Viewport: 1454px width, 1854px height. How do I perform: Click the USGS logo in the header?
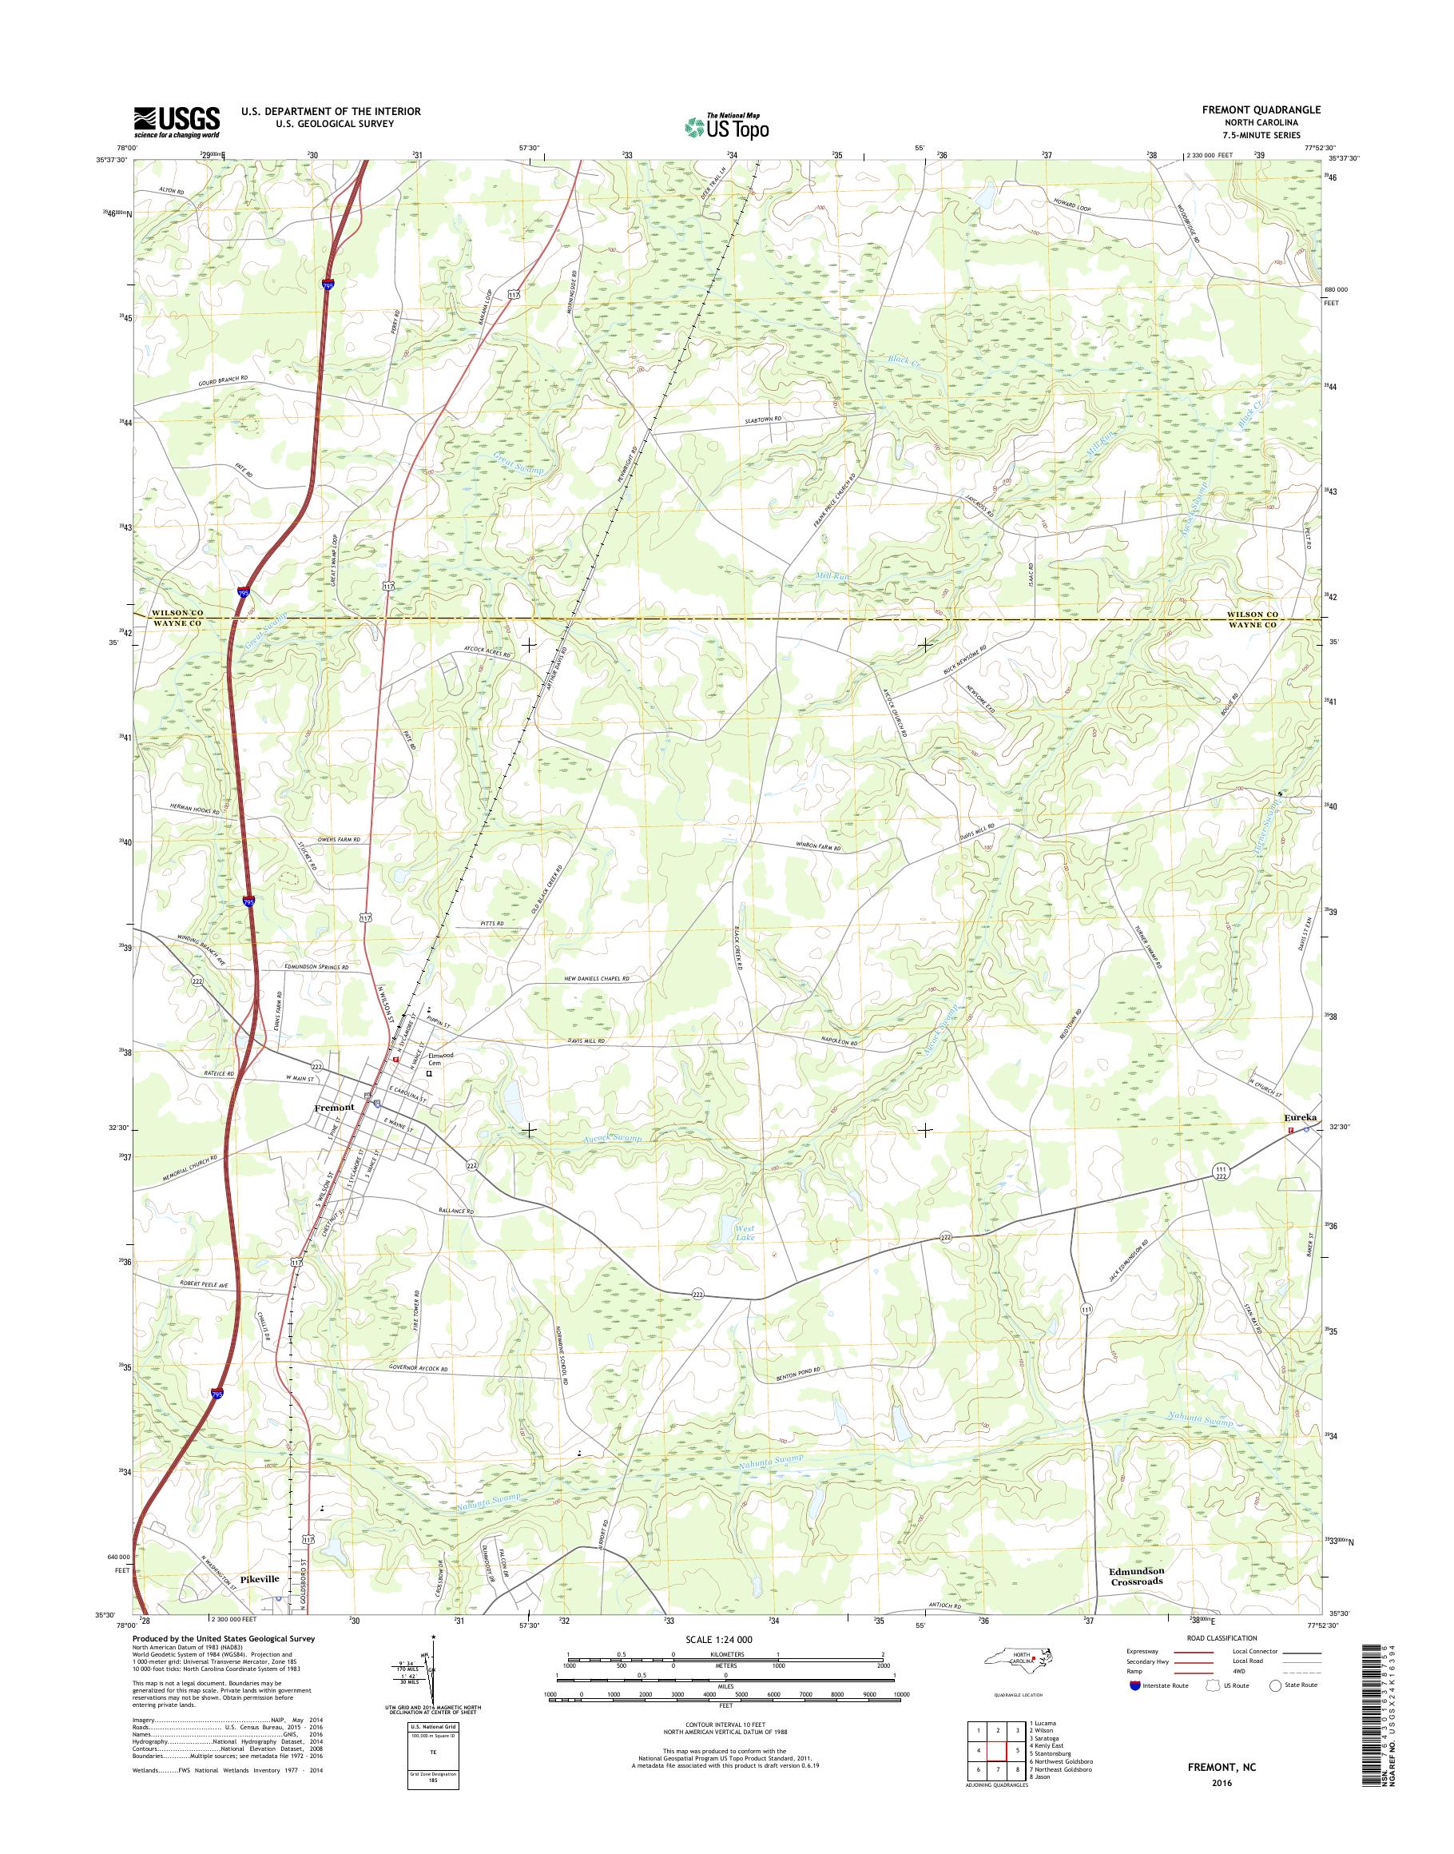(177, 121)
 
